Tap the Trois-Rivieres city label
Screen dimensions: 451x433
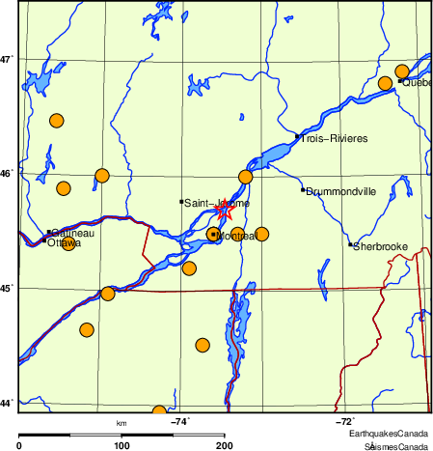pos(334,139)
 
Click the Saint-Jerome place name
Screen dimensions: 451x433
pos(216,204)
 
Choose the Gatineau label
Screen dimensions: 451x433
pos(73,233)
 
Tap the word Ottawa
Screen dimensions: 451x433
pos(64,243)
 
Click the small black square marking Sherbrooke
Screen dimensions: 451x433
pos(350,244)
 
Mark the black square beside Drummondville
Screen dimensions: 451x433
pos(303,189)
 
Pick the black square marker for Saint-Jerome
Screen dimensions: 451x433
pos(181,201)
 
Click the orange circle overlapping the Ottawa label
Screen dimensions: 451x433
pos(68,245)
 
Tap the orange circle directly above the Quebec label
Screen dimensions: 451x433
pos(402,71)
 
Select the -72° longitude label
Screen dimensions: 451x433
pos(344,421)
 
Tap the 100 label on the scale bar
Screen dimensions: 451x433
pos(122,445)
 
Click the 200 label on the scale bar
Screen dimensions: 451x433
pos(225,445)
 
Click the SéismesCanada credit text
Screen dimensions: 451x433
pos(395,446)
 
